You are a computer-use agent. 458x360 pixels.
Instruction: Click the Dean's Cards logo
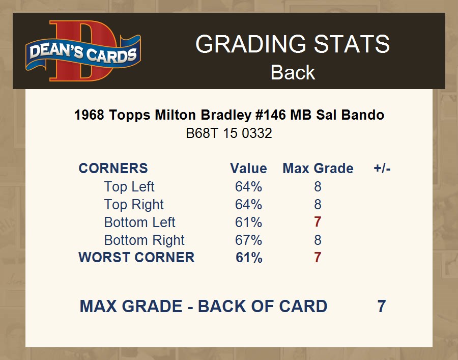(83, 51)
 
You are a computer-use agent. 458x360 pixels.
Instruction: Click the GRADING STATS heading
(293, 44)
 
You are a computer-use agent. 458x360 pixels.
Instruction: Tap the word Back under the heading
(293, 72)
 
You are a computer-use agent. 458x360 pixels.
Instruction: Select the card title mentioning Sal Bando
(230, 115)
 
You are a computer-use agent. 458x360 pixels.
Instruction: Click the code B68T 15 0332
(229, 133)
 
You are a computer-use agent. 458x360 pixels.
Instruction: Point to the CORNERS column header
(113, 169)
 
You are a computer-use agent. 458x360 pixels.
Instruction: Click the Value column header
(248, 169)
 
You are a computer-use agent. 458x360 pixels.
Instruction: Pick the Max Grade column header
(318, 169)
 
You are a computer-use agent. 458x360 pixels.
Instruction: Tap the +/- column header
(382, 169)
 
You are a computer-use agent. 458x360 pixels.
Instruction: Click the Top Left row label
(129, 187)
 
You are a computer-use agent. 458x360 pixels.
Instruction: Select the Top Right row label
(134, 205)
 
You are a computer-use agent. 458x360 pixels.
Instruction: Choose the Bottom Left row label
(139, 223)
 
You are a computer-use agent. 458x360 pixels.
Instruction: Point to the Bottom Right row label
(145, 240)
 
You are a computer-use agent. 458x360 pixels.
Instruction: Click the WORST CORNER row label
(136, 258)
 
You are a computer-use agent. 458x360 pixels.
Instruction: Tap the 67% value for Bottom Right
(248, 240)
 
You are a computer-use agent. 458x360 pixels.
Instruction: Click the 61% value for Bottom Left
(248, 223)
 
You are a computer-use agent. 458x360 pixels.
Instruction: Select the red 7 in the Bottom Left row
(318, 222)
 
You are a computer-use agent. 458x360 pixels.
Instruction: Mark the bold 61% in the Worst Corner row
(249, 258)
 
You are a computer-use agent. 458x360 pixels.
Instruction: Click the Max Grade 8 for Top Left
(318, 186)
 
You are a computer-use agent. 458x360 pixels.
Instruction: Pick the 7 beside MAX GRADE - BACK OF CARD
(382, 306)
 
